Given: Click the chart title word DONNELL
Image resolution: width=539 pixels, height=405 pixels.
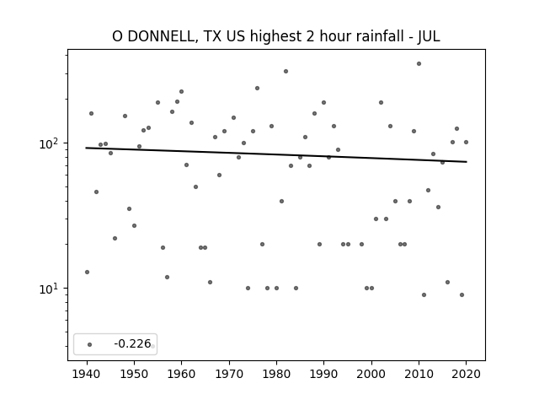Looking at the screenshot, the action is [162, 36].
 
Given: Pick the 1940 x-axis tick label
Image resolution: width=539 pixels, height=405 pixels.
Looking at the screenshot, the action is [87, 374].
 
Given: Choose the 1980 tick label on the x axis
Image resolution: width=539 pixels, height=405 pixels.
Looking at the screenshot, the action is [276, 374].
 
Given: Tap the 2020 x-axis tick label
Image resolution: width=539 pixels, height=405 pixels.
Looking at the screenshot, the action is [466, 374].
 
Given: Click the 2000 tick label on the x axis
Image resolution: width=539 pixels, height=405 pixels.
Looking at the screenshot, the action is [371, 374].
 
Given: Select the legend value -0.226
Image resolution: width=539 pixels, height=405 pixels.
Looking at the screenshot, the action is [132, 343].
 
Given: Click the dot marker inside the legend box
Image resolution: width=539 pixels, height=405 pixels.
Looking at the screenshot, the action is [90, 344].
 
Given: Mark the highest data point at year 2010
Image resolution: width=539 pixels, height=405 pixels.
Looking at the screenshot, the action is [419, 64].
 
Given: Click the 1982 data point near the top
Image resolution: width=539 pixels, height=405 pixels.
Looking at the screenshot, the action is [286, 71].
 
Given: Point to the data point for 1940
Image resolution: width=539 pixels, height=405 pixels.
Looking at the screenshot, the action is [87, 272].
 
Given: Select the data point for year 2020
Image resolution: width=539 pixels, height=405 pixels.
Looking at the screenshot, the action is [466, 142].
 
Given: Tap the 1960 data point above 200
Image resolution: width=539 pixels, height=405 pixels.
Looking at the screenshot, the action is [182, 92].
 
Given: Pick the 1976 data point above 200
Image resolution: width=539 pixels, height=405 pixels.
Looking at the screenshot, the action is [257, 88].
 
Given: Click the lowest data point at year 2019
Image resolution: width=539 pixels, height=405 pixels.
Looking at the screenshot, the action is [462, 294].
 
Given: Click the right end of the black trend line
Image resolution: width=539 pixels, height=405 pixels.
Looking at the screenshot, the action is [467, 161].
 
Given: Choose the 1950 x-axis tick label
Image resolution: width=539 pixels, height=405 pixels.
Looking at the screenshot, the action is [134, 374].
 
